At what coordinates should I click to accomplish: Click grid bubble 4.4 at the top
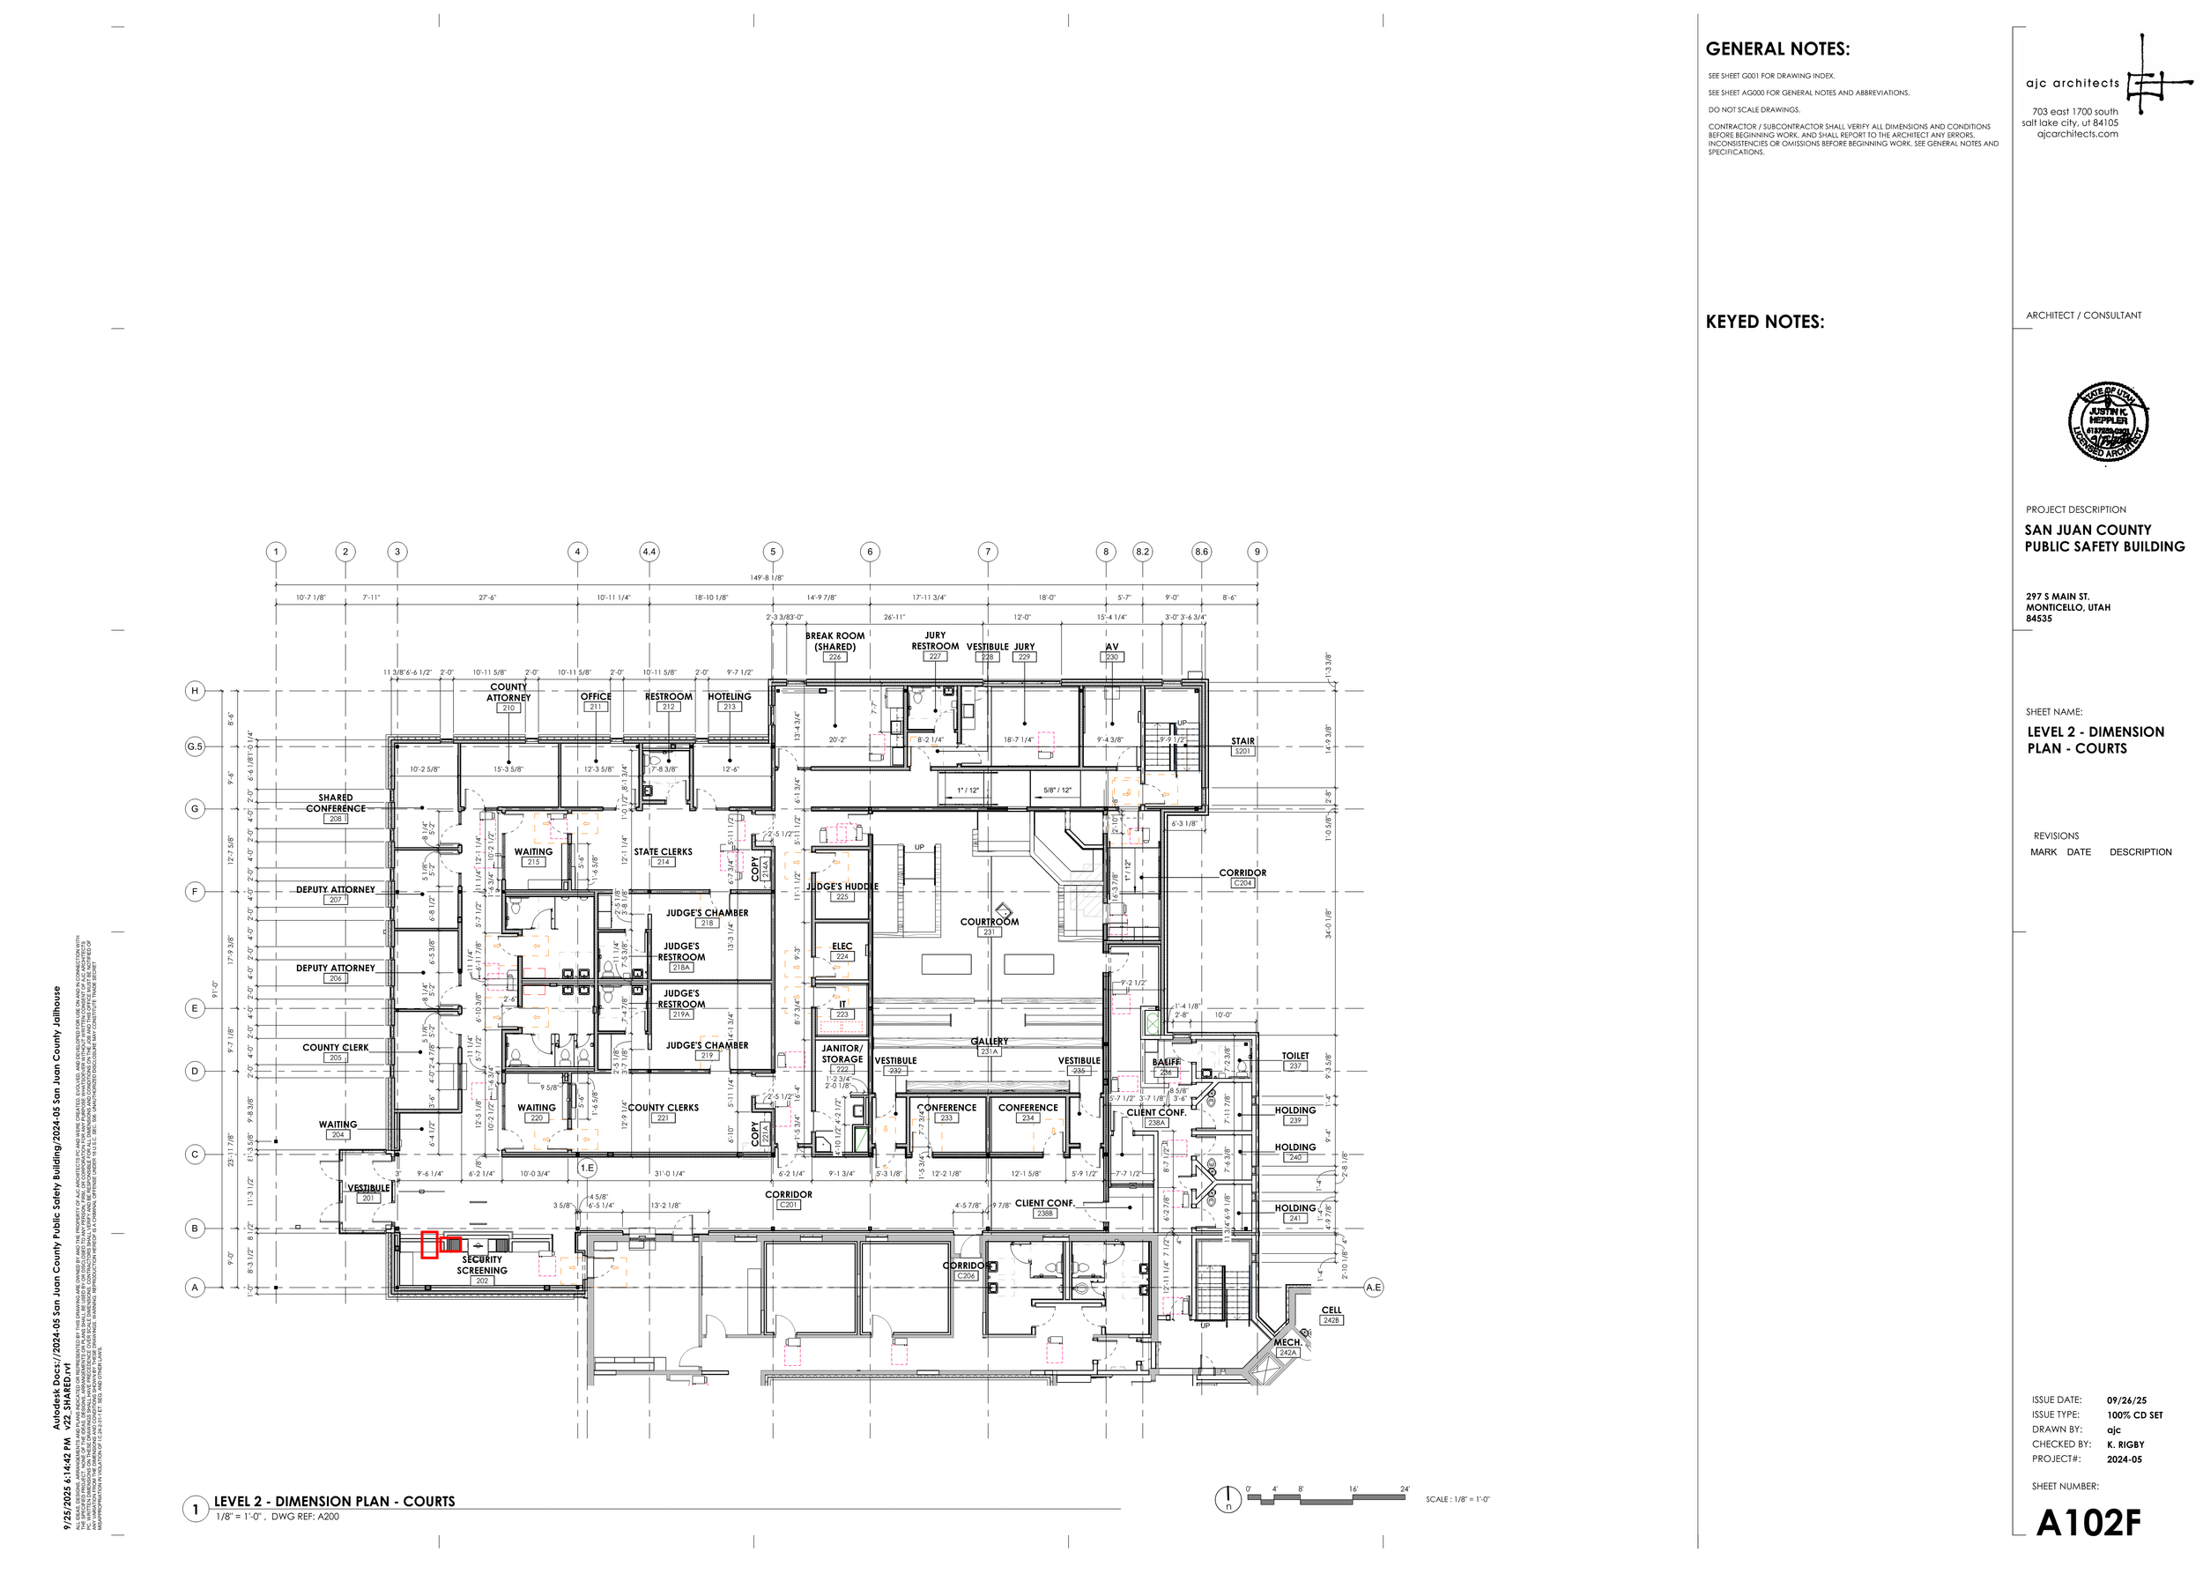click(649, 552)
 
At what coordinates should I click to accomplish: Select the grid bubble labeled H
click(195, 691)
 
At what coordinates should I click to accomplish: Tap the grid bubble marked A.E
click(1374, 1287)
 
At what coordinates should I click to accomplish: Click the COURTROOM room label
click(989, 922)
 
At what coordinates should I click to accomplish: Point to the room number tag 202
click(482, 1281)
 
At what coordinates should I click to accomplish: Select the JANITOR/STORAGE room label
click(842, 1053)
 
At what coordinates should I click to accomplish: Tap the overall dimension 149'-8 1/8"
click(767, 577)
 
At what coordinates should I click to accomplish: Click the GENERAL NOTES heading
click(1777, 49)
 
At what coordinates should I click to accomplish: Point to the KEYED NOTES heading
click(1764, 323)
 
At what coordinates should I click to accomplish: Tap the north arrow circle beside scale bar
click(1228, 1499)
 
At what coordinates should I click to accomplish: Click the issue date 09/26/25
click(2126, 1400)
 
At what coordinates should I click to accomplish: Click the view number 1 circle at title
click(196, 1509)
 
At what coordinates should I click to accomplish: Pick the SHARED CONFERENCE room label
click(336, 803)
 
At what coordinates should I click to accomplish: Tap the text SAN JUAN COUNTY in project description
click(2087, 531)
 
